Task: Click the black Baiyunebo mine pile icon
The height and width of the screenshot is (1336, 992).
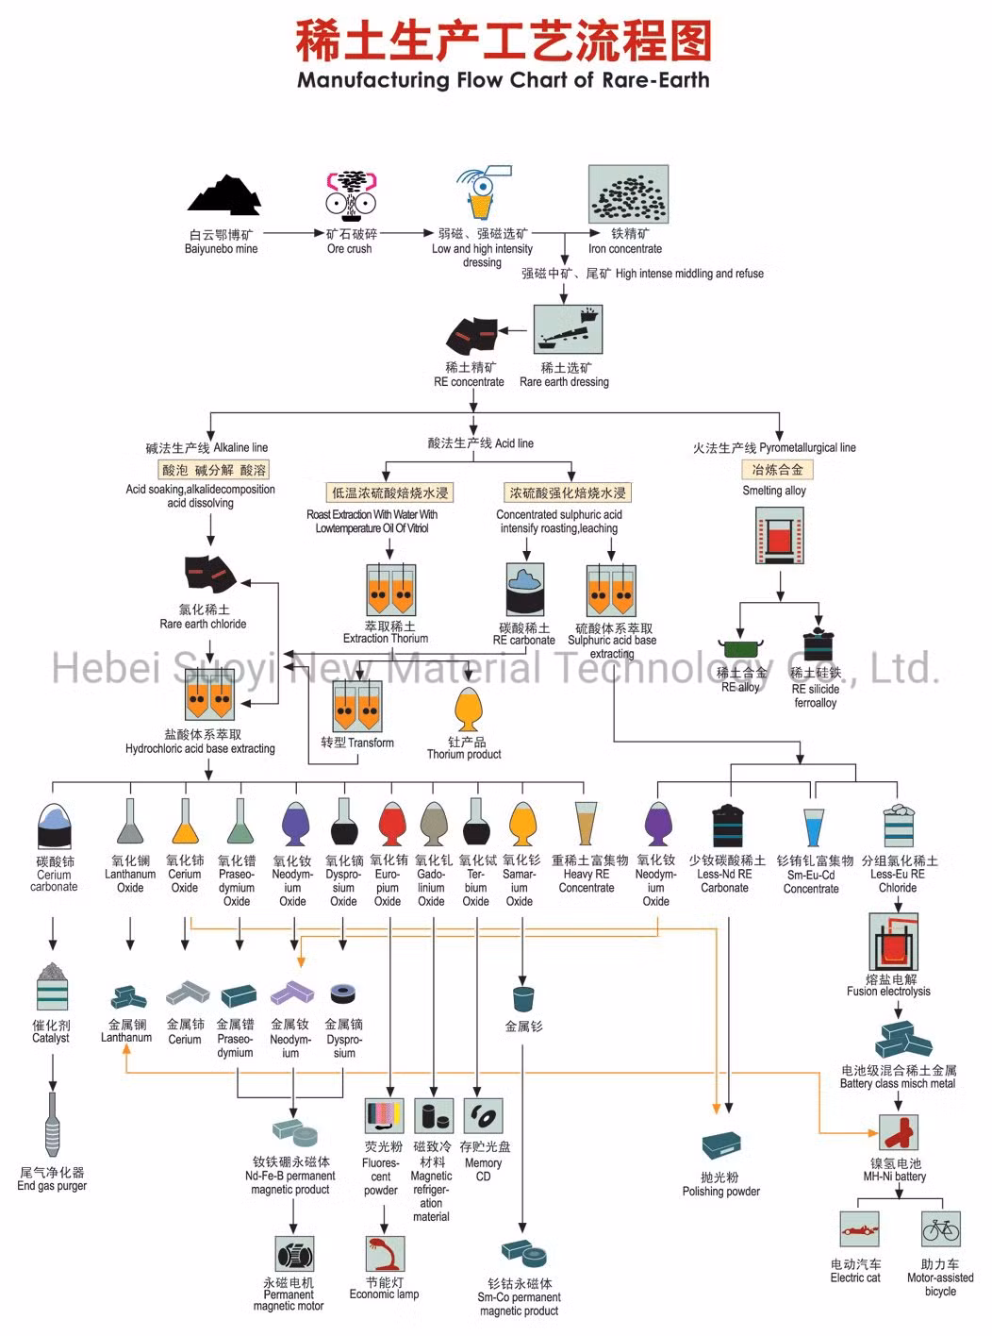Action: tap(223, 195)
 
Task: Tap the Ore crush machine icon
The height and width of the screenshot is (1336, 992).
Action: tap(350, 193)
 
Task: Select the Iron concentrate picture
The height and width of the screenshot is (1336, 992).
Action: tap(628, 194)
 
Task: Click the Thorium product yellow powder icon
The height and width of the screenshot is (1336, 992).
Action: tap(468, 709)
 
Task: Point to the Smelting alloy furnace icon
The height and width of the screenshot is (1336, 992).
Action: tap(780, 536)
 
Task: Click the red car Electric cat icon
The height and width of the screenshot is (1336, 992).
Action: tap(859, 1230)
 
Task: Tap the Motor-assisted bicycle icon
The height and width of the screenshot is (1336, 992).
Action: tap(940, 1230)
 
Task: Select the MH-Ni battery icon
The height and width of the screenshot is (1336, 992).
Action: tap(898, 1132)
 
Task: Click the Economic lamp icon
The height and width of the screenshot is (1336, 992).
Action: tap(384, 1254)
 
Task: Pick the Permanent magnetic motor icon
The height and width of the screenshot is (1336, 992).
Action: tap(294, 1256)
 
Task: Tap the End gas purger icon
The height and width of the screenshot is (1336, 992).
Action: tap(53, 1124)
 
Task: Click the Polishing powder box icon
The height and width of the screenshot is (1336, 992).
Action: tap(721, 1147)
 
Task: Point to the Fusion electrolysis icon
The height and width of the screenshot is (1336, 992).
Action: tap(893, 941)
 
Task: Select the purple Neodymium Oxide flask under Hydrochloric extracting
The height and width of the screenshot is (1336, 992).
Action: tap(292, 824)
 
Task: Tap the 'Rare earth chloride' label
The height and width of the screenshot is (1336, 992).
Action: tap(203, 624)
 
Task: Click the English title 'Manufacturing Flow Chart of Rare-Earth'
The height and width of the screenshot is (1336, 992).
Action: tap(504, 80)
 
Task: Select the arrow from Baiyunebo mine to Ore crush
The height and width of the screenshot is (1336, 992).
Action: tap(293, 232)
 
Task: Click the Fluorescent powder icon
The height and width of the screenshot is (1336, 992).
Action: tap(384, 1116)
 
